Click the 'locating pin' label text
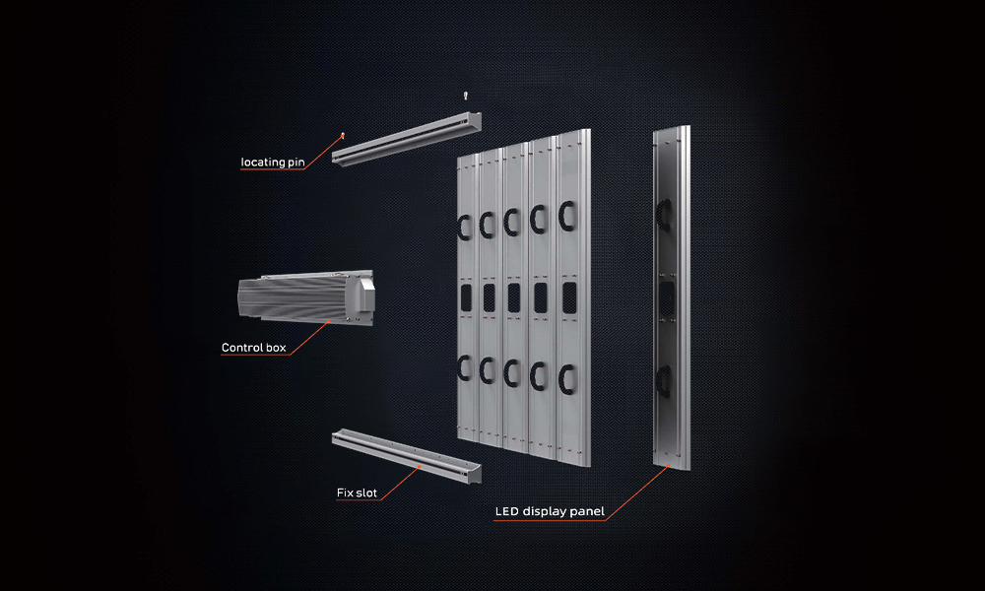click(273, 163)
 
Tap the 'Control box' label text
click(254, 348)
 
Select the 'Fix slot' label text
click(357, 493)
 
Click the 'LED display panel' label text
click(550, 511)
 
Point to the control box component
click(306, 295)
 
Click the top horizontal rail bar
click(407, 139)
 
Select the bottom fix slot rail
click(407, 455)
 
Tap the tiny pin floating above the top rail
click(466, 96)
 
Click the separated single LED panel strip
click(672, 297)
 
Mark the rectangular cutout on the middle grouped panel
click(514, 297)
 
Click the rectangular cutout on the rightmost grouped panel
click(569, 297)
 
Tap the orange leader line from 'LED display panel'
click(637, 493)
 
